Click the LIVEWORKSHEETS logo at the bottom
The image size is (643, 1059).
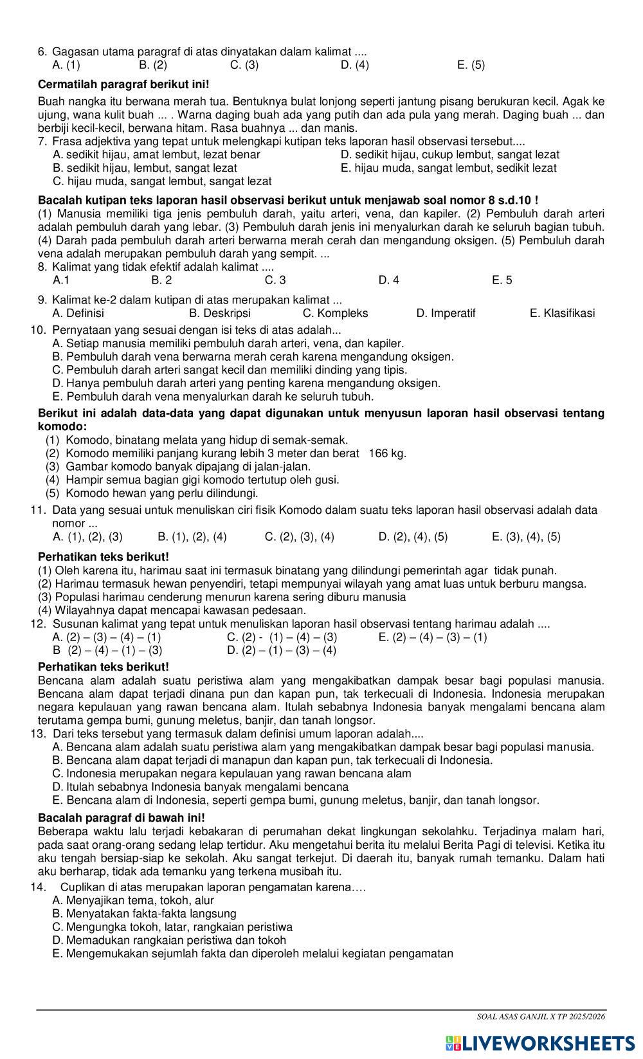539,1042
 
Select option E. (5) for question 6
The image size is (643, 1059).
471,65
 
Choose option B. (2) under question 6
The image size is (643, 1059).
153,65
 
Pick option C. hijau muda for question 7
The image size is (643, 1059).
162,181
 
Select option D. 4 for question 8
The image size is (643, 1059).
388,280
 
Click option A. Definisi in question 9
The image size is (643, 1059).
78,313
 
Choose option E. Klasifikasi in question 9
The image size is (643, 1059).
562,313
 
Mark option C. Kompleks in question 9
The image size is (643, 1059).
335,313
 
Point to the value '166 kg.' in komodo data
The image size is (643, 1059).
388,453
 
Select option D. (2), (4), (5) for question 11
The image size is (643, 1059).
413,537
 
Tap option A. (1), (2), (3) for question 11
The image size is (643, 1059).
87,537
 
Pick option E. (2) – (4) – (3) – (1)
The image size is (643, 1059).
433,637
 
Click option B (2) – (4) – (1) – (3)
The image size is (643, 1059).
107,650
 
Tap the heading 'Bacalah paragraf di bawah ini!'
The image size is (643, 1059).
122,817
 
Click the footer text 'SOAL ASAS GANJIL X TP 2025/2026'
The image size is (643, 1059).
541,1017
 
